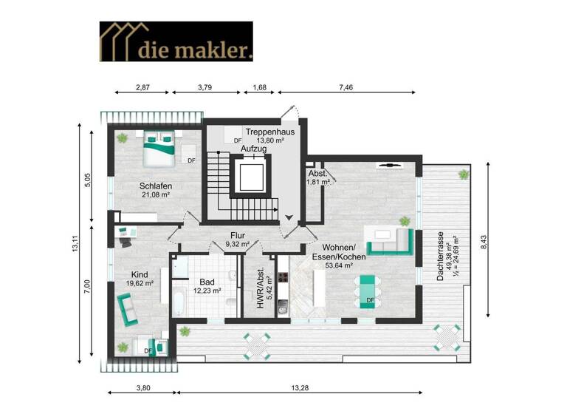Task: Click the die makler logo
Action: point(176,41)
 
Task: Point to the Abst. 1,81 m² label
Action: point(317,177)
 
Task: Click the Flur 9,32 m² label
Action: point(237,240)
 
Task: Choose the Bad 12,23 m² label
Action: point(207,286)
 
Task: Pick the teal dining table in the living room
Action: point(367,289)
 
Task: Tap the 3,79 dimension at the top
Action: point(207,87)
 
